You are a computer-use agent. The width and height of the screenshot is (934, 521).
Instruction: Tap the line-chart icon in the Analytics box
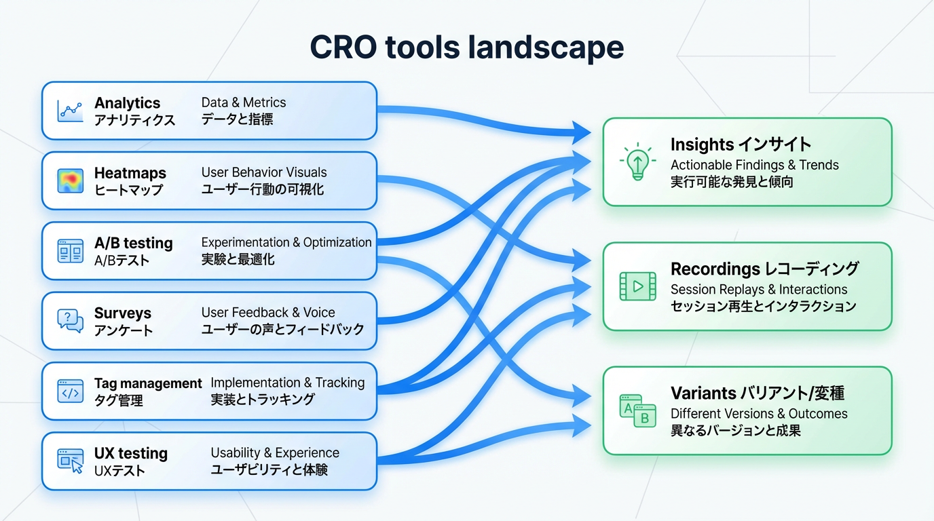71,110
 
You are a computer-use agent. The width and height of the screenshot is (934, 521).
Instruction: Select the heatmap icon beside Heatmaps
71,180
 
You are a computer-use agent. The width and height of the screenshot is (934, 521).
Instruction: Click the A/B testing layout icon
71,251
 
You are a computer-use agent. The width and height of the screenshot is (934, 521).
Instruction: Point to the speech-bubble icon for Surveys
71,320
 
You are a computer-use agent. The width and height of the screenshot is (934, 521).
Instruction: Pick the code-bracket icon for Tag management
71,391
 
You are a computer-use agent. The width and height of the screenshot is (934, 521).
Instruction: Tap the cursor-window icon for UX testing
71,461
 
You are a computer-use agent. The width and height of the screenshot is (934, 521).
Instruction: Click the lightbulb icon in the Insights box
637,162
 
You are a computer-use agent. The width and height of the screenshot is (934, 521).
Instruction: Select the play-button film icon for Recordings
637,286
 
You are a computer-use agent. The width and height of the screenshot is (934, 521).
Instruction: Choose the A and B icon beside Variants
637,410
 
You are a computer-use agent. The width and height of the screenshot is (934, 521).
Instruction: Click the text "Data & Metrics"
244,102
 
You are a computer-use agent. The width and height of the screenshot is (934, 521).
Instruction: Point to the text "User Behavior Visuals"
264,172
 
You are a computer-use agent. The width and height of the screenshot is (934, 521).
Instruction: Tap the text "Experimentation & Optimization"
286,242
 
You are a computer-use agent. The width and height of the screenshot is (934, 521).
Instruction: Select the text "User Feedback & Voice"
268,313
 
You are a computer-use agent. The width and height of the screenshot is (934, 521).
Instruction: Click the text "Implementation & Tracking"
288,383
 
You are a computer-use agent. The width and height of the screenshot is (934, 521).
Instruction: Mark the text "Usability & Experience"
275,452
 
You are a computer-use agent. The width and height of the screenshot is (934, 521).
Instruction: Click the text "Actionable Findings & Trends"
755,165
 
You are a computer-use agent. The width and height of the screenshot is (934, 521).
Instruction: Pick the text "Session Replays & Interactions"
759,289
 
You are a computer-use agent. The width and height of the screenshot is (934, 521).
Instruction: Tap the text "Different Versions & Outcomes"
759,413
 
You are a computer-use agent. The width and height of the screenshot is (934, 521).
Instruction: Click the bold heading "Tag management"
148,383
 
